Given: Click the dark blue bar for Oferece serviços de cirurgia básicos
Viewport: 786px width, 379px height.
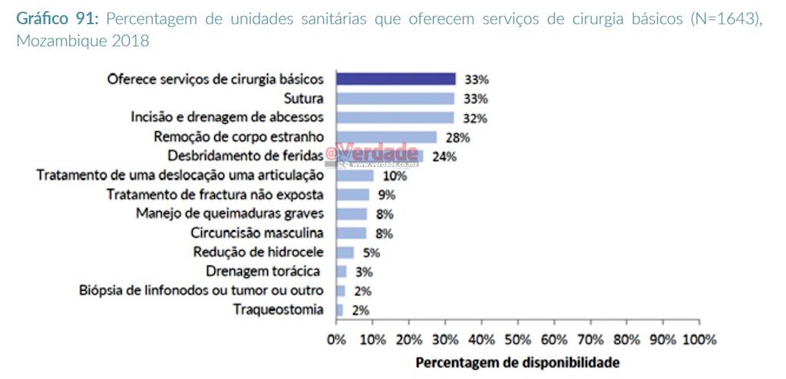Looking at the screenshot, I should [x=396, y=79].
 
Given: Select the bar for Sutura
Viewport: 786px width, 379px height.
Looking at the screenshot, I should [x=396, y=98].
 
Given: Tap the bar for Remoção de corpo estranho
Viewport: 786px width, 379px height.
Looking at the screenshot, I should [x=387, y=137].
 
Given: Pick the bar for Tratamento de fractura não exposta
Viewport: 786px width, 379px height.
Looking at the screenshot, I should [x=353, y=195].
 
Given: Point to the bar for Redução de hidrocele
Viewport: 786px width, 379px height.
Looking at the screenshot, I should [x=345, y=252].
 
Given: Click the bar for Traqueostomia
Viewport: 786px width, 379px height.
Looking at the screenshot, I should [x=340, y=310].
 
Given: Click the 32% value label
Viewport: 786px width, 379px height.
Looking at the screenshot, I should [x=476, y=118].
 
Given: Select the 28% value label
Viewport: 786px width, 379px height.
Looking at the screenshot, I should [x=457, y=138].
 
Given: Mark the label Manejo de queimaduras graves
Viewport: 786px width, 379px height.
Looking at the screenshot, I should [x=230, y=213].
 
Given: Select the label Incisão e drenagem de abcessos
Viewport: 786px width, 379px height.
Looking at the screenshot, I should [x=228, y=117].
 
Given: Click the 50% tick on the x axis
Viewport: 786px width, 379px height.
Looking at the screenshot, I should [x=518, y=339].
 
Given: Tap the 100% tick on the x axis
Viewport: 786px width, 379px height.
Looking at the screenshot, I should [x=699, y=339].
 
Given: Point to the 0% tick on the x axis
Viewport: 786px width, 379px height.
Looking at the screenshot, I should [x=336, y=339].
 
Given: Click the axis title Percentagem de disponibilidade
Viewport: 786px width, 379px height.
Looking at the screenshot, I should [x=517, y=361].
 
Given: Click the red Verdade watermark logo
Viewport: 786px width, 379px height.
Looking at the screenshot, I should [x=380, y=154].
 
